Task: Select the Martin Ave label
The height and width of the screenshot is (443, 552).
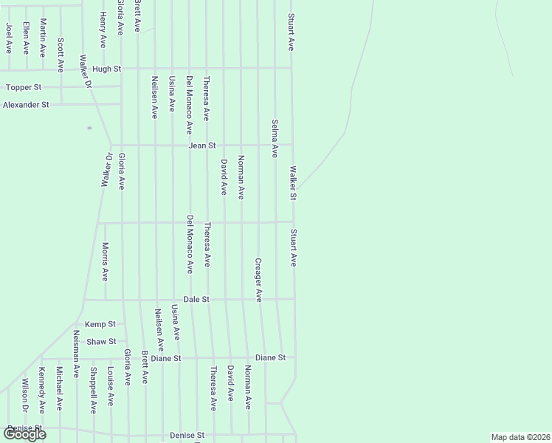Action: [x=44, y=38]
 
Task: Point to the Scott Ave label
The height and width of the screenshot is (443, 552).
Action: [x=61, y=55]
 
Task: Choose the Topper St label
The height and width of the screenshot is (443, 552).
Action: [x=21, y=87]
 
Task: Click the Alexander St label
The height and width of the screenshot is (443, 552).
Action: [x=26, y=105]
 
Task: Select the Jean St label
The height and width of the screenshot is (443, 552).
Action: [x=201, y=145]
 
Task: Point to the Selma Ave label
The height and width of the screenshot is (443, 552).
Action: [x=275, y=139]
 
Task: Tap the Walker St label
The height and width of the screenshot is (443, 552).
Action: [x=292, y=183]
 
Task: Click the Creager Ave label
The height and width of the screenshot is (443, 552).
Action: [x=258, y=279]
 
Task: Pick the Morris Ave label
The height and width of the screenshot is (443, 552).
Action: [x=106, y=262]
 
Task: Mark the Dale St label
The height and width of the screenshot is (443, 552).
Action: [x=196, y=299]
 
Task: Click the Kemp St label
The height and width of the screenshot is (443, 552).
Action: [x=100, y=324]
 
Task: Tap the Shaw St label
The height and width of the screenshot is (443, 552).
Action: [x=102, y=341]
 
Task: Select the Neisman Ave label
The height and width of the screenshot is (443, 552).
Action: [x=77, y=352]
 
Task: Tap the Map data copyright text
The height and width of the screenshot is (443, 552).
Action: [x=521, y=437]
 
